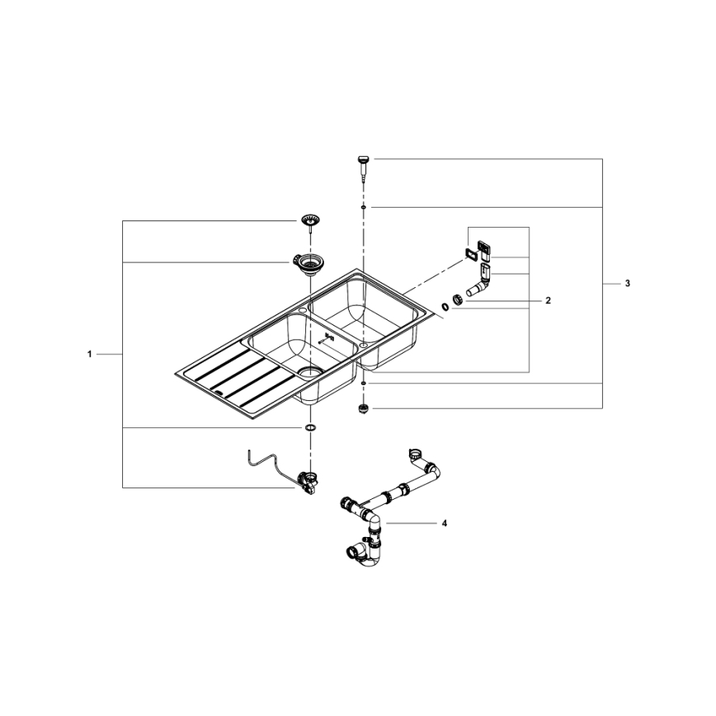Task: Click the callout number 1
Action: [x=89, y=354]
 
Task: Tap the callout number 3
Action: [x=627, y=284]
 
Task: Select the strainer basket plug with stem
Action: [x=310, y=222]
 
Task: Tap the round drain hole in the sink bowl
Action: [x=309, y=372]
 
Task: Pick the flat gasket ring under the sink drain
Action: [x=309, y=429]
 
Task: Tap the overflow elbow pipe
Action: [x=478, y=285]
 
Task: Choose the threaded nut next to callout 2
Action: [x=456, y=299]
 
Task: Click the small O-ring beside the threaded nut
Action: [x=445, y=306]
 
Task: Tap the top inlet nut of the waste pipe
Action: [x=416, y=453]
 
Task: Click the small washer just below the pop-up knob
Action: [x=362, y=208]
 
